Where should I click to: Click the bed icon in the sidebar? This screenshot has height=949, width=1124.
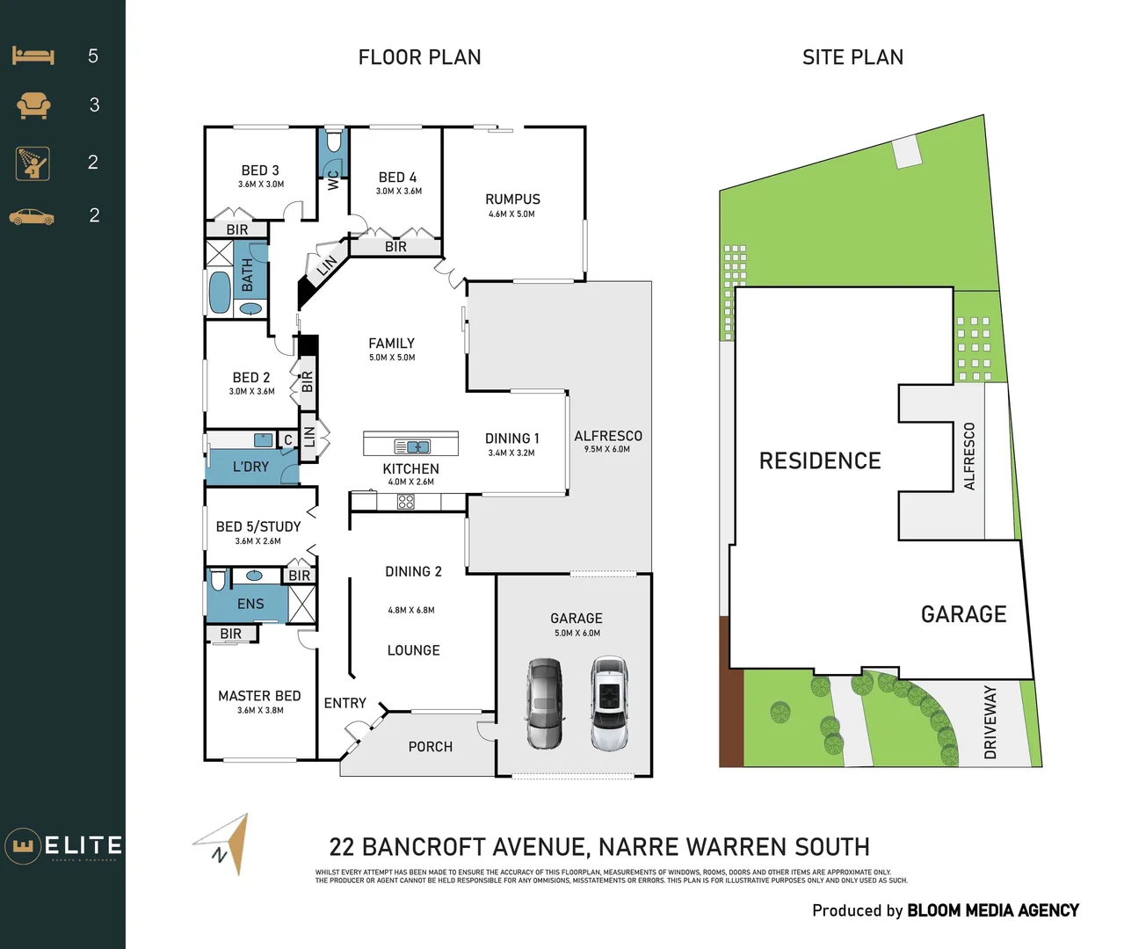[33, 56]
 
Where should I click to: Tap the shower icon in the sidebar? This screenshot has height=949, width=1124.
[33, 163]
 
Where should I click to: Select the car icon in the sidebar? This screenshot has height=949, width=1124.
[32, 216]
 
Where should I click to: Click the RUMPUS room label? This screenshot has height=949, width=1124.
[512, 199]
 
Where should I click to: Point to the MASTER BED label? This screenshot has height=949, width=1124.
[259, 696]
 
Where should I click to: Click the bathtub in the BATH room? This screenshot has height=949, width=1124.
[219, 292]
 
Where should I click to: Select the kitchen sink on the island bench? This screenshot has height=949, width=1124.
[411, 446]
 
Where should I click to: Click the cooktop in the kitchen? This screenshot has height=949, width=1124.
[405, 502]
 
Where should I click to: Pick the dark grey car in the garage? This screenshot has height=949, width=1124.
[544, 703]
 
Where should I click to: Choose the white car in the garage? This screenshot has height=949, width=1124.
[608, 703]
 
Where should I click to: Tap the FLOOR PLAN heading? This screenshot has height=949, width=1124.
[419, 58]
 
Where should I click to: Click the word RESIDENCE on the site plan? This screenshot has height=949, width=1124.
[819, 461]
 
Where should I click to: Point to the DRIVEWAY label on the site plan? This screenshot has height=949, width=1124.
[990, 722]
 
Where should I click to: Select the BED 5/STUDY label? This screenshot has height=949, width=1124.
[258, 526]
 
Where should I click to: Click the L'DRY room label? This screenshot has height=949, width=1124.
[250, 467]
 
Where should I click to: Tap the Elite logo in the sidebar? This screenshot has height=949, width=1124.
[63, 846]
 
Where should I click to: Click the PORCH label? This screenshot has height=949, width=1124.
[430, 747]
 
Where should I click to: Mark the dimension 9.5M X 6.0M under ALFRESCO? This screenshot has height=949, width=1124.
[607, 449]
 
